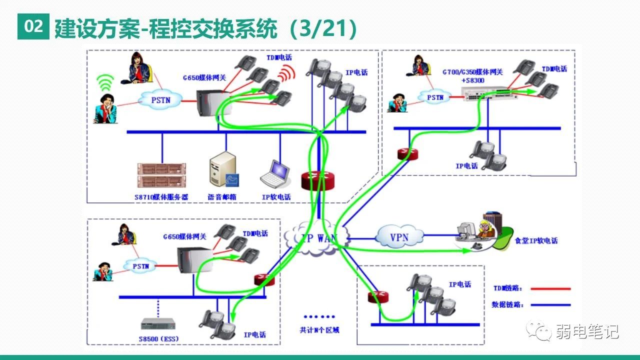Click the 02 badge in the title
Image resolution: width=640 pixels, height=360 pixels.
click(x=33, y=27)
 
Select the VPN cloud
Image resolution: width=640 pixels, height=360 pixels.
click(x=399, y=236)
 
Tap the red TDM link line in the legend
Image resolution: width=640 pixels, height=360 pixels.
click(x=550, y=288)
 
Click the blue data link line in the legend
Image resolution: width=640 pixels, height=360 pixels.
click(x=550, y=304)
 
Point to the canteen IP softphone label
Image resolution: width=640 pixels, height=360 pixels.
click(x=536, y=240)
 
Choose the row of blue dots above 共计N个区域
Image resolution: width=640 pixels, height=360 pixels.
click(x=319, y=316)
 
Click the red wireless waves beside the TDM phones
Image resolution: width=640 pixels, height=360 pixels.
click(x=286, y=74)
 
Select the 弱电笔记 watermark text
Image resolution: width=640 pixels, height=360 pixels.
click(x=587, y=331)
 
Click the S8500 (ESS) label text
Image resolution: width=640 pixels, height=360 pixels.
click(x=158, y=339)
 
